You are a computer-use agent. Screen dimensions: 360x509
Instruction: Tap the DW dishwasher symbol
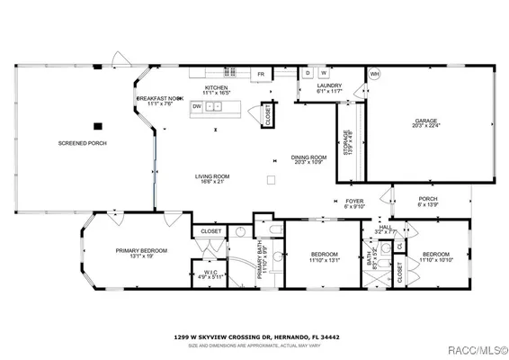pyautogui.click(x=196, y=105)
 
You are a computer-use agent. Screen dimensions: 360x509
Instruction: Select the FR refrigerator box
pyautogui.click(x=261, y=74)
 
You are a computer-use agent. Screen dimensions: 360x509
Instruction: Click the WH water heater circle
pyautogui.click(x=375, y=73)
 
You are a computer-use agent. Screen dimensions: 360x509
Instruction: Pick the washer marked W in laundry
pyautogui.click(x=323, y=72)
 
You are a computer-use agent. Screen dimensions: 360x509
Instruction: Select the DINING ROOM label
pyautogui.click(x=308, y=157)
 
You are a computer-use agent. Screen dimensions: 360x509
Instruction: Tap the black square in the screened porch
pyautogui.click(x=99, y=126)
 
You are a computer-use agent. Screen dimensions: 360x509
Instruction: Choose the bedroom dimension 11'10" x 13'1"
pyautogui.click(x=324, y=261)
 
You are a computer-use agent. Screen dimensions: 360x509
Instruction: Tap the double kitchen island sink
pyautogui.click(x=214, y=106)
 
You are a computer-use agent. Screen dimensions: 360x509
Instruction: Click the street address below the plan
pyautogui.click(x=255, y=337)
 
